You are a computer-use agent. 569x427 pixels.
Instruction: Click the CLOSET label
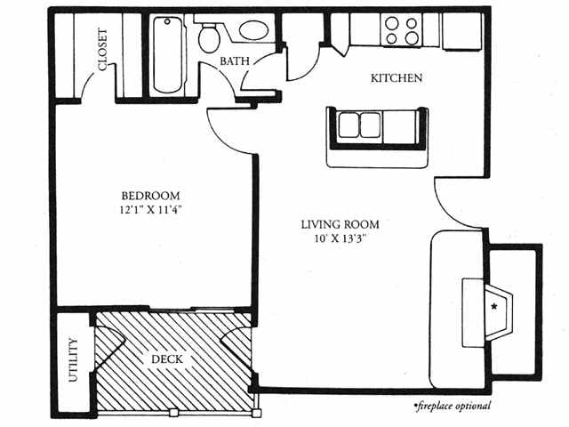[103, 50]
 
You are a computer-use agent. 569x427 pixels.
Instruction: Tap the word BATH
[235, 61]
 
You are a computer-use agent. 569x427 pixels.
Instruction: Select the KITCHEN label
[397, 77]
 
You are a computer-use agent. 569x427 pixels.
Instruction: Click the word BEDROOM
[150, 196]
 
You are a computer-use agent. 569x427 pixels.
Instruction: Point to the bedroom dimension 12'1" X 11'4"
[150, 210]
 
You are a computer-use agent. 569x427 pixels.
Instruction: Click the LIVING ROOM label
[341, 224]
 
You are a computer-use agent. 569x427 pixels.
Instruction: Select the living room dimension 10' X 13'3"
[341, 238]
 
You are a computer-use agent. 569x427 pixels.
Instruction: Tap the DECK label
[166, 359]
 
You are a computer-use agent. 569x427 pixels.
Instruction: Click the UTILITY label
[73, 359]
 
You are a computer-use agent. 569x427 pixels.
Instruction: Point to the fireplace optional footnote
[453, 406]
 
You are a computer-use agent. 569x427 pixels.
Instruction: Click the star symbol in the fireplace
[494, 306]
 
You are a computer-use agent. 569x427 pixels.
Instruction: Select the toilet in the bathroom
[209, 37]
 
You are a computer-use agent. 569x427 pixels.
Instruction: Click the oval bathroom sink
[254, 29]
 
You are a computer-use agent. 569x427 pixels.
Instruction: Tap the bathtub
[167, 54]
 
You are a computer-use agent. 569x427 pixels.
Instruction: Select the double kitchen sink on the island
[359, 125]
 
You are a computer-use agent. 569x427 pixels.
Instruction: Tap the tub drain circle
[167, 21]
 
